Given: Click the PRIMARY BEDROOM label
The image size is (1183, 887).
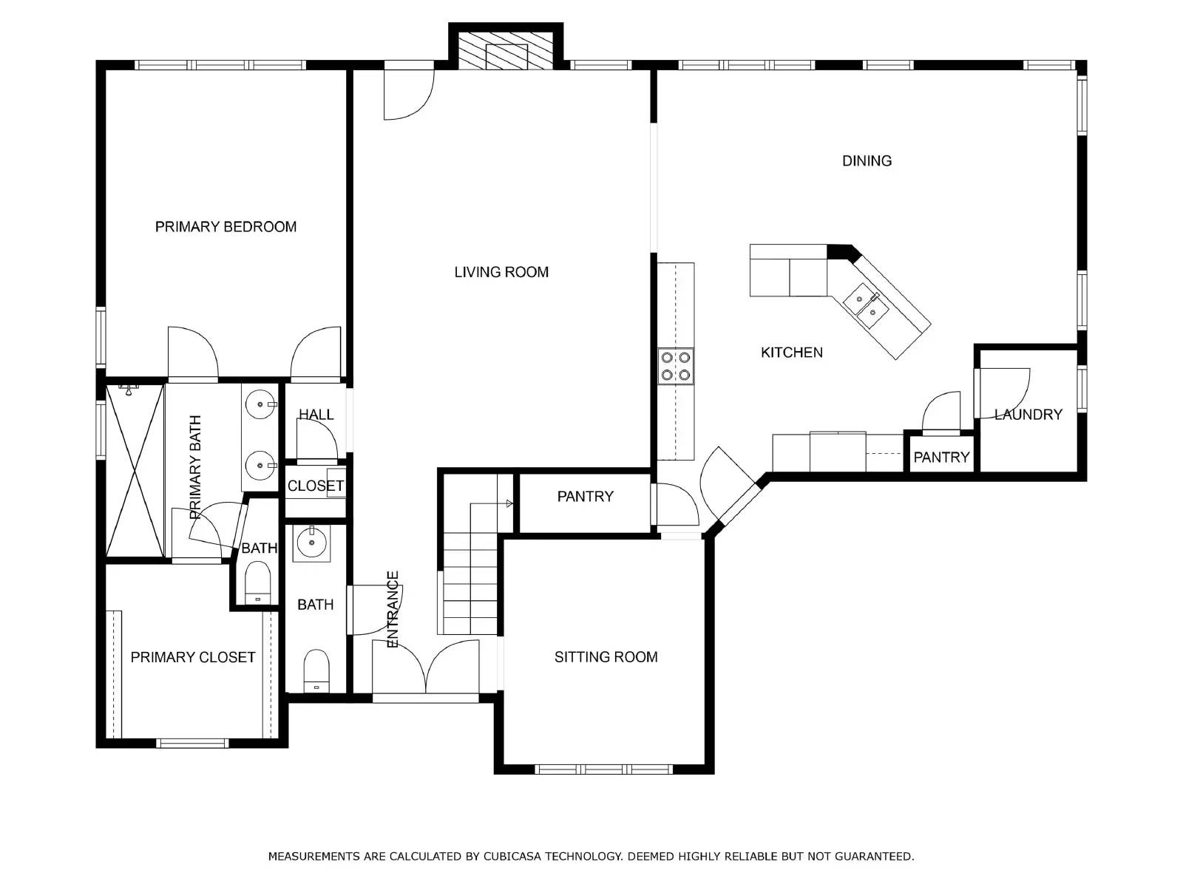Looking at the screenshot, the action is click(226, 227).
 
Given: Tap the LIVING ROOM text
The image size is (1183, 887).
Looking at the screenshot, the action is click(501, 272).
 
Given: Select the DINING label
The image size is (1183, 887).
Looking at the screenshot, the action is click(866, 160).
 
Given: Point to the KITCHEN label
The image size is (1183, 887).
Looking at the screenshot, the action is click(791, 353).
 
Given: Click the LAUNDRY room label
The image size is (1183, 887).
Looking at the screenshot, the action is click(1028, 414).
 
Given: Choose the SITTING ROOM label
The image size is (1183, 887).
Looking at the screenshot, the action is click(606, 656).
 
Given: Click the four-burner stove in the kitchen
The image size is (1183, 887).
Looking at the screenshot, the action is click(675, 366).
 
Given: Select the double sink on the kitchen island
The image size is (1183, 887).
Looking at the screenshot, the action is click(866, 306).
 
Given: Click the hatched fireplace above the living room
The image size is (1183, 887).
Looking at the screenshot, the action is click(506, 50).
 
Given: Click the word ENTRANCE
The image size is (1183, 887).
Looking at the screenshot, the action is click(393, 608).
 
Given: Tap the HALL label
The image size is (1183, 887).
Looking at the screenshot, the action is click(316, 414).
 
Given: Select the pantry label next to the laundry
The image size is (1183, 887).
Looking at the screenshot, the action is click(941, 458).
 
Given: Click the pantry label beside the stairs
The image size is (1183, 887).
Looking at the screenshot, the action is click(585, 496).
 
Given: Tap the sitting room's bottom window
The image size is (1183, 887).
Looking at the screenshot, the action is click(604, 769).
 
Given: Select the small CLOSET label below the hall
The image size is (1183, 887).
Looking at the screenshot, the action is click(315, 486).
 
